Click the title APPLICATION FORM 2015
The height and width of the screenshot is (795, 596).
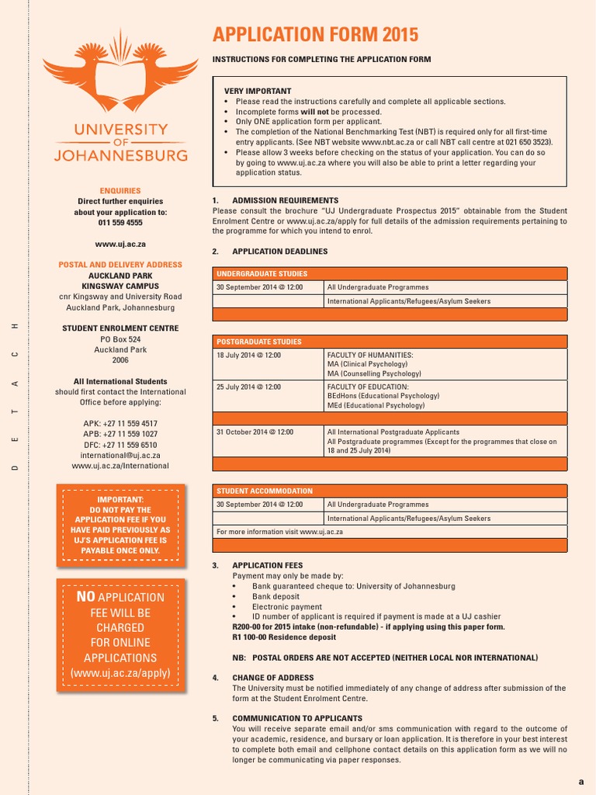pos(315,35)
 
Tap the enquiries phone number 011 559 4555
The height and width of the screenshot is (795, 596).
pos(120,223)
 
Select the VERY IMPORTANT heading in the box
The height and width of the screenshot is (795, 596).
pos(258,91)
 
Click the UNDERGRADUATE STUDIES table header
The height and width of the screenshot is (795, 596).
pos(262,274)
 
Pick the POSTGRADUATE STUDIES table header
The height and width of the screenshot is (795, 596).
pos(259,342)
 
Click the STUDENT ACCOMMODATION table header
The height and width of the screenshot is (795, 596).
pos(264,491)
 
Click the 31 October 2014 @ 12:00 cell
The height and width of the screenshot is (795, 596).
pos(255,432)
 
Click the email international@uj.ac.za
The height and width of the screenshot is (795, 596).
pos(120,456)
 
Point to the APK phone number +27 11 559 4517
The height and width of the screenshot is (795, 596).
pos(120,424)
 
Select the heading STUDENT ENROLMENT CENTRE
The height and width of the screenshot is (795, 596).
pos(120,328)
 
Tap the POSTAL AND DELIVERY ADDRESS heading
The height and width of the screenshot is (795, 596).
pos(120,265)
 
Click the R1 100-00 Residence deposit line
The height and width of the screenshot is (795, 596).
pos(284,637)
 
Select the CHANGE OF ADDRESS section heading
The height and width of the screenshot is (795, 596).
pos(273,678)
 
